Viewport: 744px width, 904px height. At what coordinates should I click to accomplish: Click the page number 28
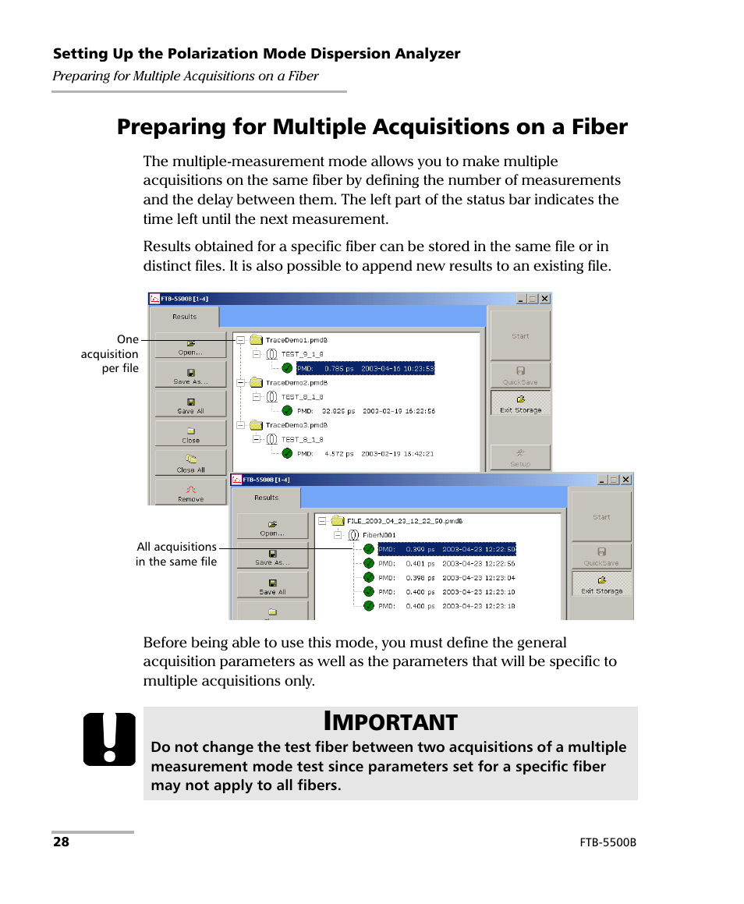pyautogui.click(x=61, y=842)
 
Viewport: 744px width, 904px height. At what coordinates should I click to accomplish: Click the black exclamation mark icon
pyautogui.click(x=109, y=739)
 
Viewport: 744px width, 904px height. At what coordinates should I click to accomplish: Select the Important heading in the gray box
pyautogui.click(x=390, y=721)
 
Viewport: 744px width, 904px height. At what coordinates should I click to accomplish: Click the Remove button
pyautogui.click(x=190, y=493)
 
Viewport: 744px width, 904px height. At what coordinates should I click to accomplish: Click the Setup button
pyautogui.click(x=520, y=458)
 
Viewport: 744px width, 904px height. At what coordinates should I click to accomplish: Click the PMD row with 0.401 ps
pyautogui.click(x=446, y=563)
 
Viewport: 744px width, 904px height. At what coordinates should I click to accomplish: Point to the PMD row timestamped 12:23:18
pyautogui.click(x=446, y=605)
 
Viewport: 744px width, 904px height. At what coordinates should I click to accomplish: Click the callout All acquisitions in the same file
pyautogui.click(x=176, y=554)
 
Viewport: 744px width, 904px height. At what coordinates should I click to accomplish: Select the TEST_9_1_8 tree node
pyautogui.click(x=302, y=354)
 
